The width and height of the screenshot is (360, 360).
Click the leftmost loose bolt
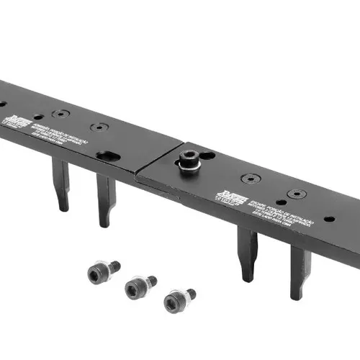pyautogui.click(x=102, y=271)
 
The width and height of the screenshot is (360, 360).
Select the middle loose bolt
pyautogui.click(x=139, y=287)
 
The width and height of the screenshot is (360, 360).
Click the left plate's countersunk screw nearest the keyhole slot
pyautogui.click(x=100, y=128)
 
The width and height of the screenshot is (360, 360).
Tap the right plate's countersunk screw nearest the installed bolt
pyautogui.click(x=251, y=179)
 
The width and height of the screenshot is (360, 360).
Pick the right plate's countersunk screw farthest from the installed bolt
pyautogui.click(x=297, y=194)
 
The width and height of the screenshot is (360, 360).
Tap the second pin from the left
pyautogui.click(x=106, y=199)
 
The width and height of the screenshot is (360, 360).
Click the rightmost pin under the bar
pyautogui.click(x=300, y=270)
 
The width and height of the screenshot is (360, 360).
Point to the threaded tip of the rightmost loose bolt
pyautogui.click(x=191, y=293)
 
